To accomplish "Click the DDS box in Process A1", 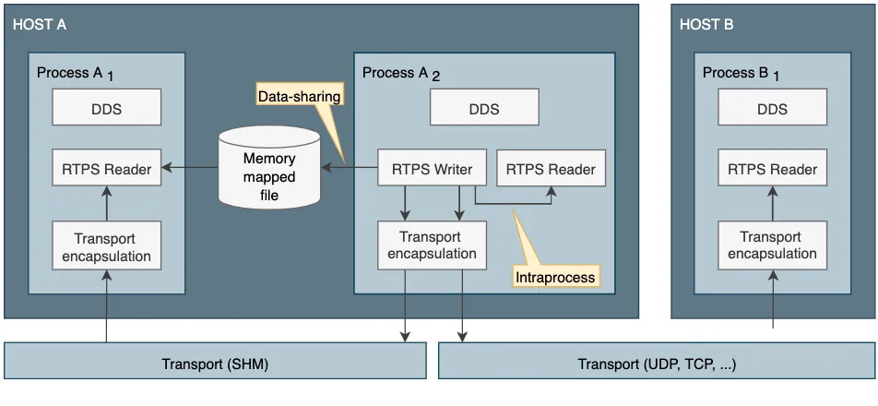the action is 106,107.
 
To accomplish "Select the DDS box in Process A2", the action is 484,107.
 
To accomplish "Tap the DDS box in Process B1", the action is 772,107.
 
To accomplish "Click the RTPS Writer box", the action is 433,167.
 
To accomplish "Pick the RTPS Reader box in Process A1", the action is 106,167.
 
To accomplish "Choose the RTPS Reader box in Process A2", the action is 551,168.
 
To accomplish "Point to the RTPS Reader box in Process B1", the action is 772,167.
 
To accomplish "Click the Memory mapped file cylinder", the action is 269,167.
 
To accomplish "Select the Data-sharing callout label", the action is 299,96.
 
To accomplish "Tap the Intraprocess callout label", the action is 555,277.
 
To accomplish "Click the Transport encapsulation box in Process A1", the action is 106,246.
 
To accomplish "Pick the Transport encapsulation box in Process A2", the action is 433,245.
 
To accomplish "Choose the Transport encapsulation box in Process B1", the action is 772,245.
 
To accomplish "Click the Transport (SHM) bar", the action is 215,364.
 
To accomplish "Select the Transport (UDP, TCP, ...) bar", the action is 657,364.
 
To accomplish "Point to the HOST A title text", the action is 39,25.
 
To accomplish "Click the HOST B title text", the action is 706,25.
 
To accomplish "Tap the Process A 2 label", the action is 401,74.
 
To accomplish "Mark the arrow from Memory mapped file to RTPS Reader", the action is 190,167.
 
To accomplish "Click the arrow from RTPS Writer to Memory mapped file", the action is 350,167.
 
